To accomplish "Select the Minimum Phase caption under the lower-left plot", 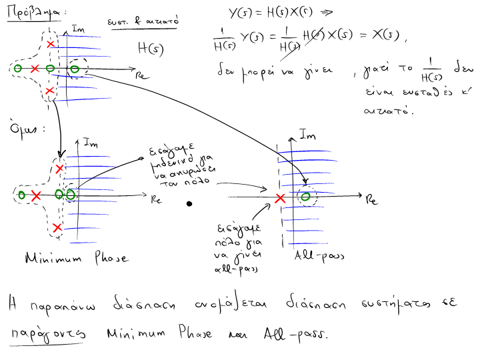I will click(x=75, y=257).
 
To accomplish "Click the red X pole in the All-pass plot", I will click(x=281, y=197).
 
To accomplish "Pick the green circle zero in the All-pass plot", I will click(x=305, y=196).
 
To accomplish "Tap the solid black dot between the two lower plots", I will click(x=189, y=204).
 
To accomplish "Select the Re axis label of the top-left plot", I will click(x=141, y=75).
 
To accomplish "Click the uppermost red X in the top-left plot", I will click(x=51, y=44).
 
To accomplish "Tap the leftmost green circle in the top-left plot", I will click(x=18, y=68).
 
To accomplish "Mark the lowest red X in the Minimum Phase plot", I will click(x=57, y=228).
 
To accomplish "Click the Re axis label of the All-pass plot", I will click(x=372, y=201).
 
